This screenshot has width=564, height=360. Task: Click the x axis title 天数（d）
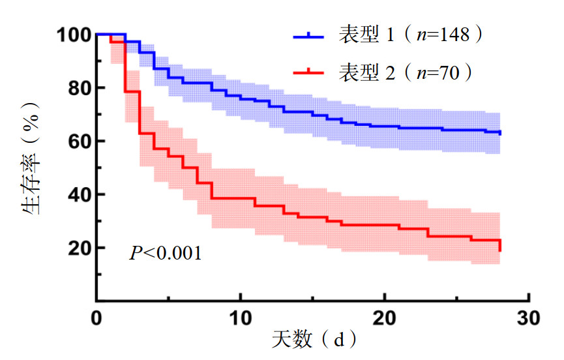(314, 341)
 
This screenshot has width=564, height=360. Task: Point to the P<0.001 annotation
(165, 253)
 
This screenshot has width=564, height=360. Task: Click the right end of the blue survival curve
(500, 133)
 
